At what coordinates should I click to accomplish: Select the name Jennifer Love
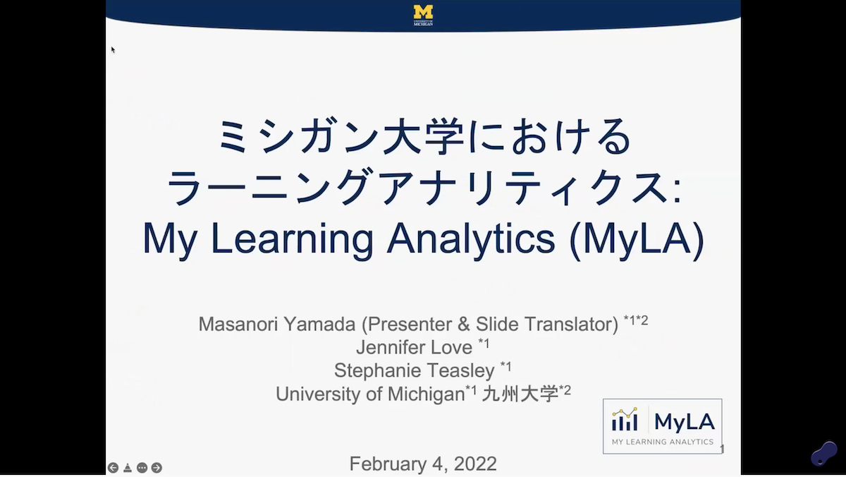click(415, 347)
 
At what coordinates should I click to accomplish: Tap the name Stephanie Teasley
click(415, 370)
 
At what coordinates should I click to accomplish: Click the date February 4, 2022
click(423, 464)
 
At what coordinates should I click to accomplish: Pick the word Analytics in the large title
click(470, 240)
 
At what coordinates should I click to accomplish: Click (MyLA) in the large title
click(636, 240)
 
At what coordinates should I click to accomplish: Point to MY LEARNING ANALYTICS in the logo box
click(663, 442)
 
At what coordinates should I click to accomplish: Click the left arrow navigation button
click(113, 468)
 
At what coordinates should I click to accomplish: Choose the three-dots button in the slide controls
click(142, 468)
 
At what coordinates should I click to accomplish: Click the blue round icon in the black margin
click(823, 454)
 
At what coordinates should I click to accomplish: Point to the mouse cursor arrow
click(113, 49)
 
